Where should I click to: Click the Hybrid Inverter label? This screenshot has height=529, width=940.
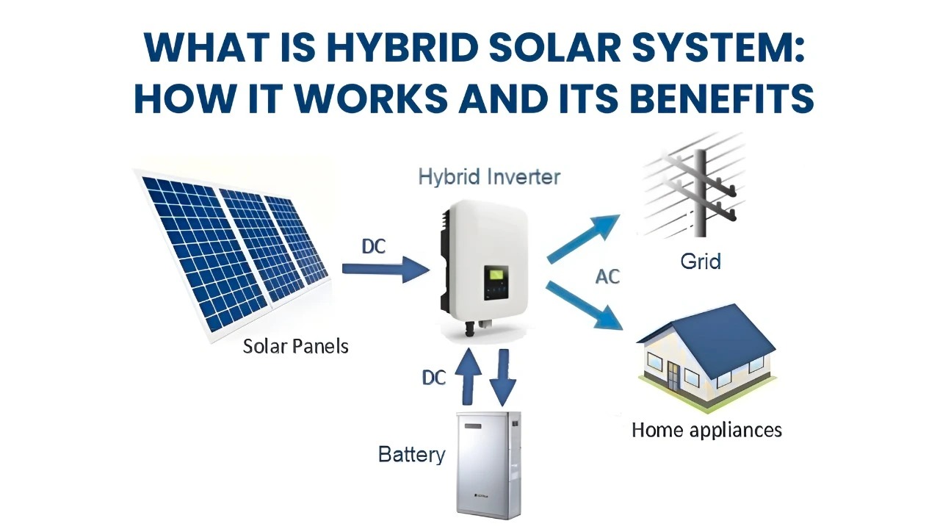pos(489,176)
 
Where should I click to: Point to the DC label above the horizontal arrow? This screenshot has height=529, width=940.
pos(373,247)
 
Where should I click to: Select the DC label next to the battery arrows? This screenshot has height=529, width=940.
pos(434,378)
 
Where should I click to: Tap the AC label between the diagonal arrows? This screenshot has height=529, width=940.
pos(607,277)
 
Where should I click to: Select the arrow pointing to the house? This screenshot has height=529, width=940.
pos(585,304)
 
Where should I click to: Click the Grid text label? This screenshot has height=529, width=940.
pos(700,261)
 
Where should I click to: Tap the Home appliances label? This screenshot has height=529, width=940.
pos(706,429)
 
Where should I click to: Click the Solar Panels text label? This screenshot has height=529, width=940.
pos(295,346)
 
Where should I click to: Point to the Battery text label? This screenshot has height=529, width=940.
pos(411,454)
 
